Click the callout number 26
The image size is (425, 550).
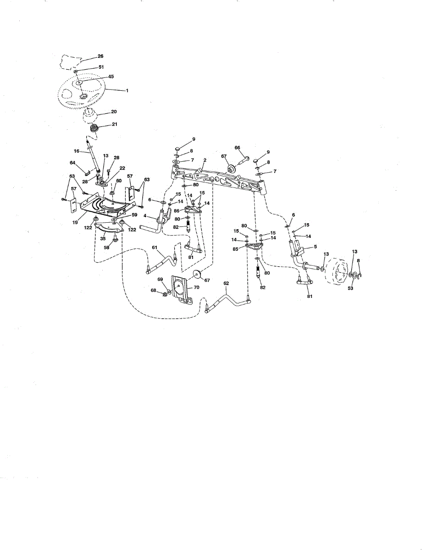(100, 56)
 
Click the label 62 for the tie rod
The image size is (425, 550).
(226, 283)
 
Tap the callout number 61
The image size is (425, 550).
(154, 247)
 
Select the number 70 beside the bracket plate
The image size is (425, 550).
(196, 287)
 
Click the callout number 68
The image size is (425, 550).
(154, 290)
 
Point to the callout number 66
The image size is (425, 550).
(237, 148)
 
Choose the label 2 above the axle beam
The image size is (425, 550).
(205, 160)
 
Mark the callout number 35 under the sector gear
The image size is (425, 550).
(104, 239)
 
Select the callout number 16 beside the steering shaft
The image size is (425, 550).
(77, 150)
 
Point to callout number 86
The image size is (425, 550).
(176, 211)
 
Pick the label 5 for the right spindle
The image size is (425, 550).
(315, 247)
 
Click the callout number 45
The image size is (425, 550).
(110, 77)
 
